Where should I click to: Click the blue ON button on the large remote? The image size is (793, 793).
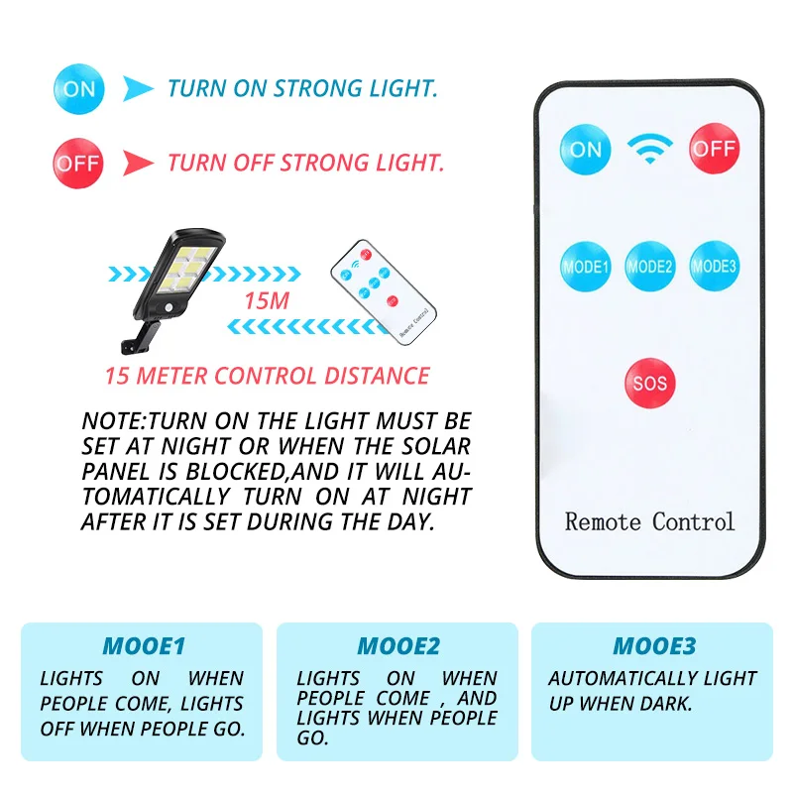[586, 149]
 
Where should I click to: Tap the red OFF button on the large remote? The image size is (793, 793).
[715, 149]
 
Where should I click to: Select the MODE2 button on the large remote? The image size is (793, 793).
[650, 266]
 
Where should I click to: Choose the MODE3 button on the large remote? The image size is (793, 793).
[715, 266]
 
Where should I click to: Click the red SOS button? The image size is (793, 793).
[650, 383]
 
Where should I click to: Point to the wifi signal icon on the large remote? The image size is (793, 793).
[650, 149]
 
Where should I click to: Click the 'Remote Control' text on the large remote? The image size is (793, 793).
[650, 520]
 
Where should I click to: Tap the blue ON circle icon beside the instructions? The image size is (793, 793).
[78, 89]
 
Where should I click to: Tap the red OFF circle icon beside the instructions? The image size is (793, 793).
[78, 163]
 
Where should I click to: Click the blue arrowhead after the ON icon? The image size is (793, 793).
[138, 89]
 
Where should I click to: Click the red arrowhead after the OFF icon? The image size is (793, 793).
[138, 163]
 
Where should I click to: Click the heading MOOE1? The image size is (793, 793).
[144, 647]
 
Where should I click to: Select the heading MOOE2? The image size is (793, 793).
[397, 647]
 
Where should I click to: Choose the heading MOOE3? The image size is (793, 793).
[654, 647]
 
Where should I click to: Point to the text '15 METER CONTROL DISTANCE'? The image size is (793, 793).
[268, 377]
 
